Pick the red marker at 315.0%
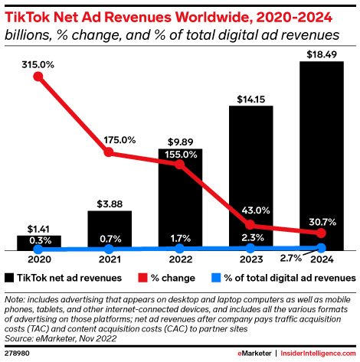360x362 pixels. coord(38,80)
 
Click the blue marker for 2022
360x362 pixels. coord(179,249)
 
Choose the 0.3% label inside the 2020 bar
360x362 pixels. coord(38,240)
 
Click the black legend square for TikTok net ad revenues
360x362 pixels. coord(9,278)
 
